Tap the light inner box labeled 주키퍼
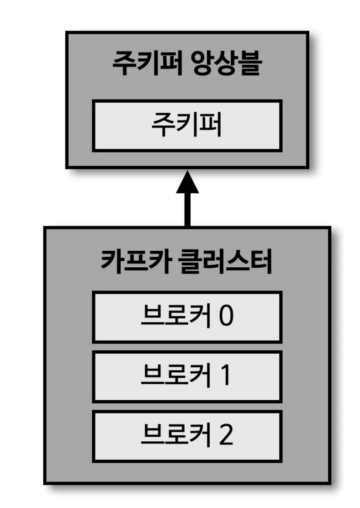(x=187, y=126)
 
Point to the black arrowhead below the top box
(x=187, y=183)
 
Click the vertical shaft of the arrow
(x=187, y=210)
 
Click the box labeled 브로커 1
(x=187, y=376)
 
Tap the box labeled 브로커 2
(x=187, y=435)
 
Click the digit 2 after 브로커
(x=226, y=435)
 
